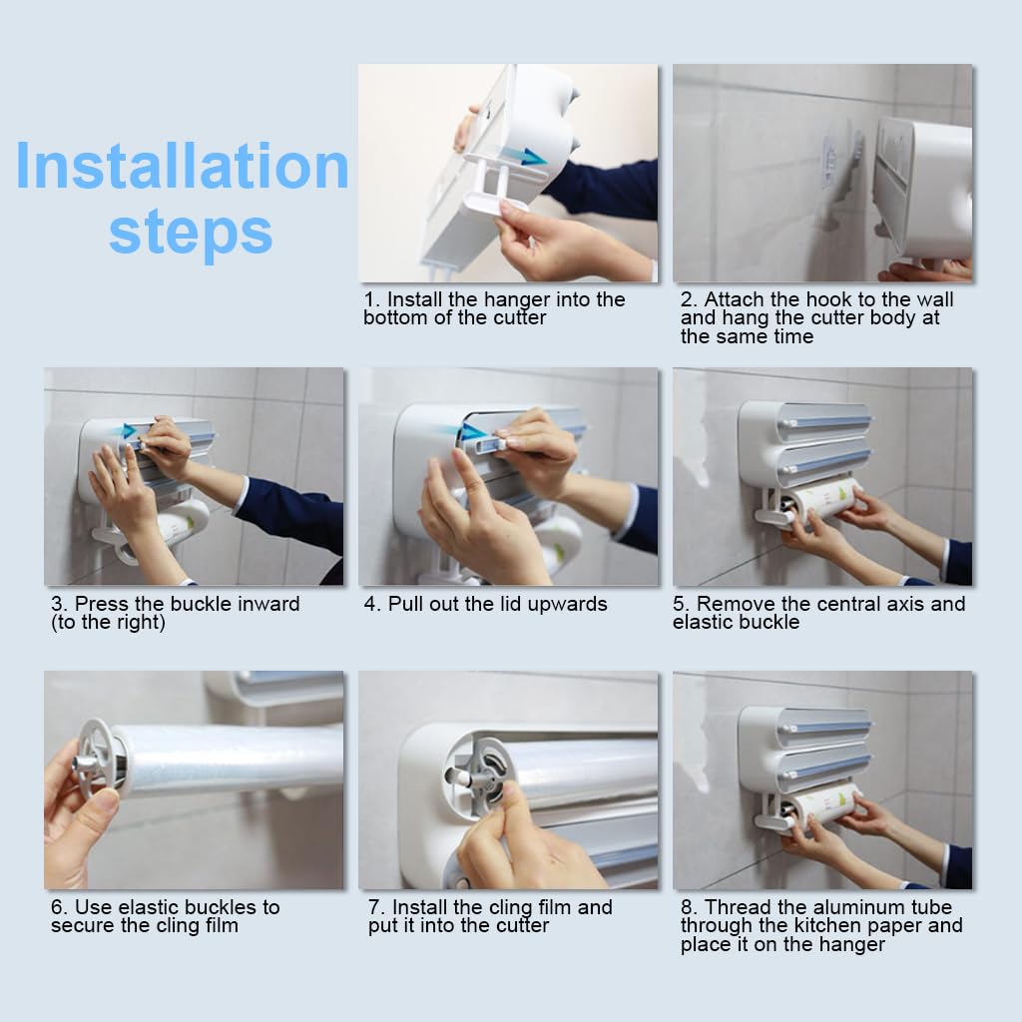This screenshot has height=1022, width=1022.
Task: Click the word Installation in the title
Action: [182, 166]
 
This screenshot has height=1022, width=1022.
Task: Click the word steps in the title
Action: [191, 234]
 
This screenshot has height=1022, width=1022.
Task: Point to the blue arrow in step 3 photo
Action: [129, 430]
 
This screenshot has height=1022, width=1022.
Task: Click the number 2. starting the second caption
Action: [689, 299]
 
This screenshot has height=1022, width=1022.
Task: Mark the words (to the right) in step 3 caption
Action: [108, 623]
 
